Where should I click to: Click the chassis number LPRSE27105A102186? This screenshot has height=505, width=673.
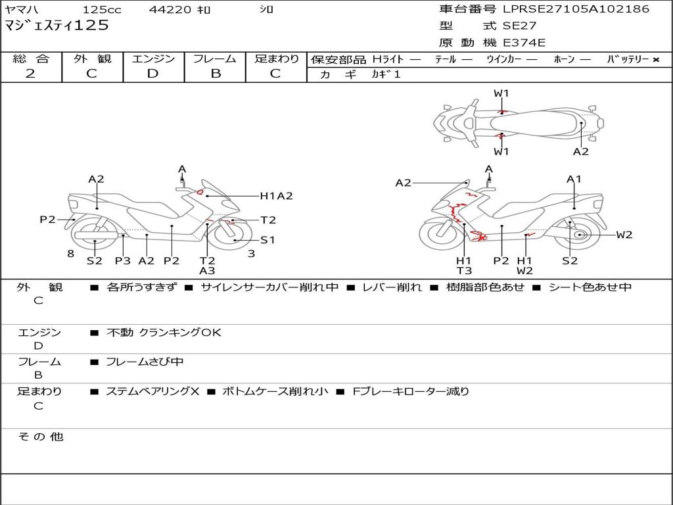click(x=576, y=9)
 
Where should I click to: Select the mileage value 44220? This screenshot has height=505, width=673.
click(x=170, y=10)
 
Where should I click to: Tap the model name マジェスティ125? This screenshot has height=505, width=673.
click(x=57, y=26)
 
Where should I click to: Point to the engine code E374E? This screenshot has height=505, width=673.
click(x=524, y=43)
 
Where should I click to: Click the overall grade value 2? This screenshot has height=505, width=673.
click(x=30, y=74)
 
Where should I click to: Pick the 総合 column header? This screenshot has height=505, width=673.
click(x=31, y=59)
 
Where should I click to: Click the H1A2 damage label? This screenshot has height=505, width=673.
click(x=276, y=195)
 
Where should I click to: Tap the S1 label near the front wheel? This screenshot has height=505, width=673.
click(x=267, y=240)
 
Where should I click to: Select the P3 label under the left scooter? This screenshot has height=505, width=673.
click(x=123, y=260)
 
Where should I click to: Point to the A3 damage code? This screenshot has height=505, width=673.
click(x=207, y=270)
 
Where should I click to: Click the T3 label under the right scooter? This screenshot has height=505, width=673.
click(x=464, y=270)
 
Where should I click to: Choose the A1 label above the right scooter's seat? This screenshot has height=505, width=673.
click(x=574, y=179)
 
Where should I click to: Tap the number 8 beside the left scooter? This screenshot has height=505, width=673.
click(x=70, y=254)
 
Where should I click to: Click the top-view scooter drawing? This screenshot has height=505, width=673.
click(x=518, y=122)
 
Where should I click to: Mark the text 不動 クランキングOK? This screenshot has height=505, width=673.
click(x=164, y=333)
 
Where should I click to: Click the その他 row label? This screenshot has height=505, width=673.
click(x=40, y=437)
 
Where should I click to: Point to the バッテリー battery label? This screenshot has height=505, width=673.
click(x=628, y=59)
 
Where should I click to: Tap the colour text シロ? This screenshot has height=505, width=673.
click(x=266, y=10)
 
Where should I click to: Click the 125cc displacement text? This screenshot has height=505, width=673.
click(x=102, y=10)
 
